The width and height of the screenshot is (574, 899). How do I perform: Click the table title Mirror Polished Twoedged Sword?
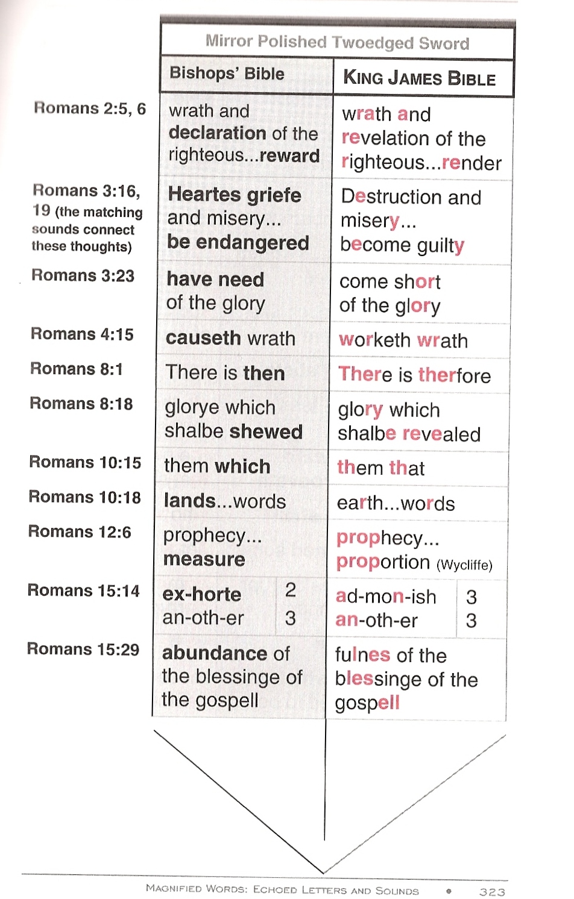(x=337, y=42)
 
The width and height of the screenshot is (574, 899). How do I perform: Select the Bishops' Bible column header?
(x=227, y=74)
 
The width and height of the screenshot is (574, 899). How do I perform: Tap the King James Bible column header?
(x=419, y=78)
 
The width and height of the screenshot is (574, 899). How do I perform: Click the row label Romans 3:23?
(x=83, y=276)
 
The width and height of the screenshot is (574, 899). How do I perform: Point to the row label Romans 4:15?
(x=82, y=334)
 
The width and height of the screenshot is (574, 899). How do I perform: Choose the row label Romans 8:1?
(x=77, y=369)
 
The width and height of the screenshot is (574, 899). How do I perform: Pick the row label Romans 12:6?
(x=80, y=532)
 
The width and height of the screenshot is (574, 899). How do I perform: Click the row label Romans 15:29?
(x=83, y=650)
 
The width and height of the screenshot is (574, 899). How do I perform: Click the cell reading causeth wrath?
(x=230, y=339)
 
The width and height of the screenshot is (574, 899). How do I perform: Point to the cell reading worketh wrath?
(x=403, y=340)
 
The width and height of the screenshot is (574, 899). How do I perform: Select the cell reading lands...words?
(x=224, y=501)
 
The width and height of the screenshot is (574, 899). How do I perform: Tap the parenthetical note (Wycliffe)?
(x=464, y=565)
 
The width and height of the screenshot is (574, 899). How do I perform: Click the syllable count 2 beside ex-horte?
(x=291, y=590)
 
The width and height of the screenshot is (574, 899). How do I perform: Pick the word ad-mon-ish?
(x=386, y=597)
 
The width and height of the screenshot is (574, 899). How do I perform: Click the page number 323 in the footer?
(x=492, y=892)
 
